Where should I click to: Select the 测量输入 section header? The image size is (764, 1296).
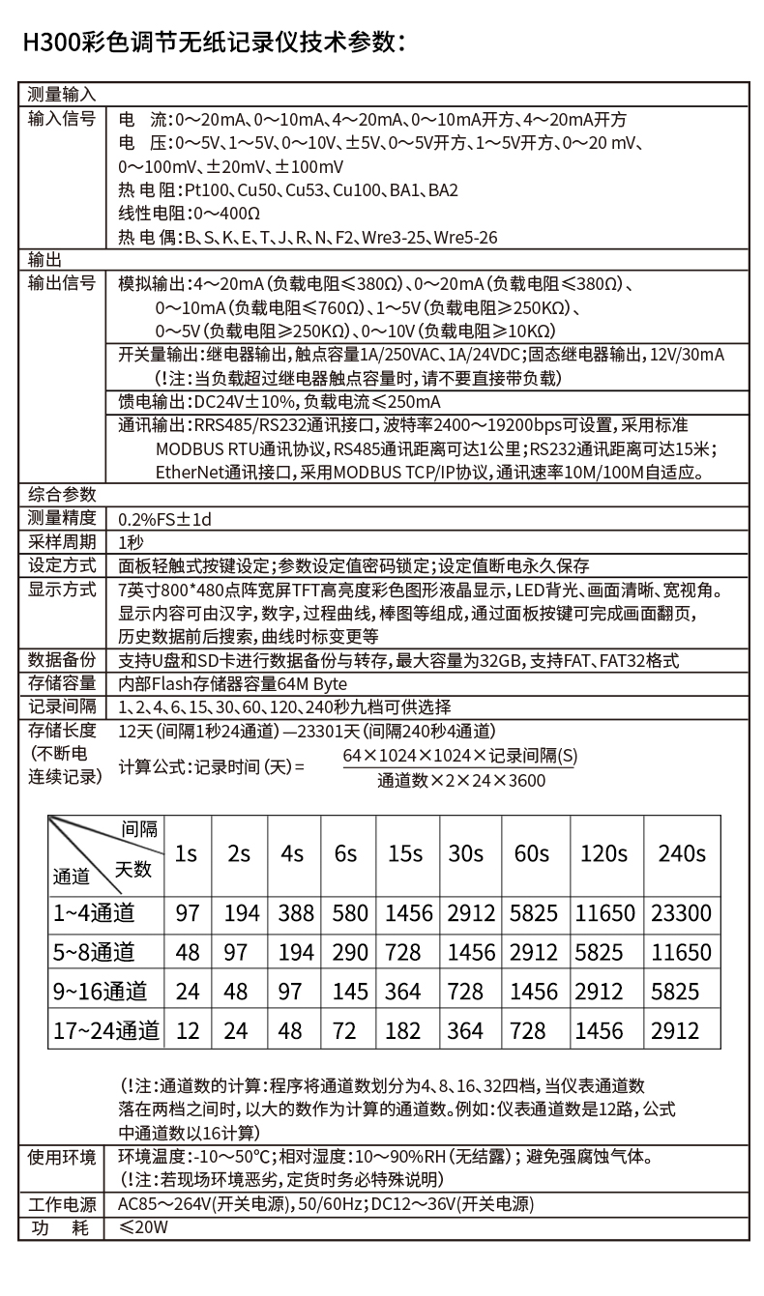(62, 95)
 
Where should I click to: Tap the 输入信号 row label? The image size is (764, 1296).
(62, 120)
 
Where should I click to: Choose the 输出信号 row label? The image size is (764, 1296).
(62, 284)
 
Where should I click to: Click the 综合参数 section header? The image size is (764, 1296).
(62, 495)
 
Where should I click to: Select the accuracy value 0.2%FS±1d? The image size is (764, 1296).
(164, 520)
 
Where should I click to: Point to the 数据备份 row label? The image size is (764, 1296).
(62, 661)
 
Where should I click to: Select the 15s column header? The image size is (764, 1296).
(404, 853)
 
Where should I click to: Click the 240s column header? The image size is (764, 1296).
(682, 853)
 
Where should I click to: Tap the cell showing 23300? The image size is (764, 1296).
(682, 913)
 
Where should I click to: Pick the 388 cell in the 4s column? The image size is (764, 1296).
(291, 913)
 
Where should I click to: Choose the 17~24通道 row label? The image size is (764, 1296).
(106, 1031)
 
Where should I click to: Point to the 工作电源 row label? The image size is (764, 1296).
(62, 1205)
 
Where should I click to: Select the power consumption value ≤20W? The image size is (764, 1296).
(143, 1228)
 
